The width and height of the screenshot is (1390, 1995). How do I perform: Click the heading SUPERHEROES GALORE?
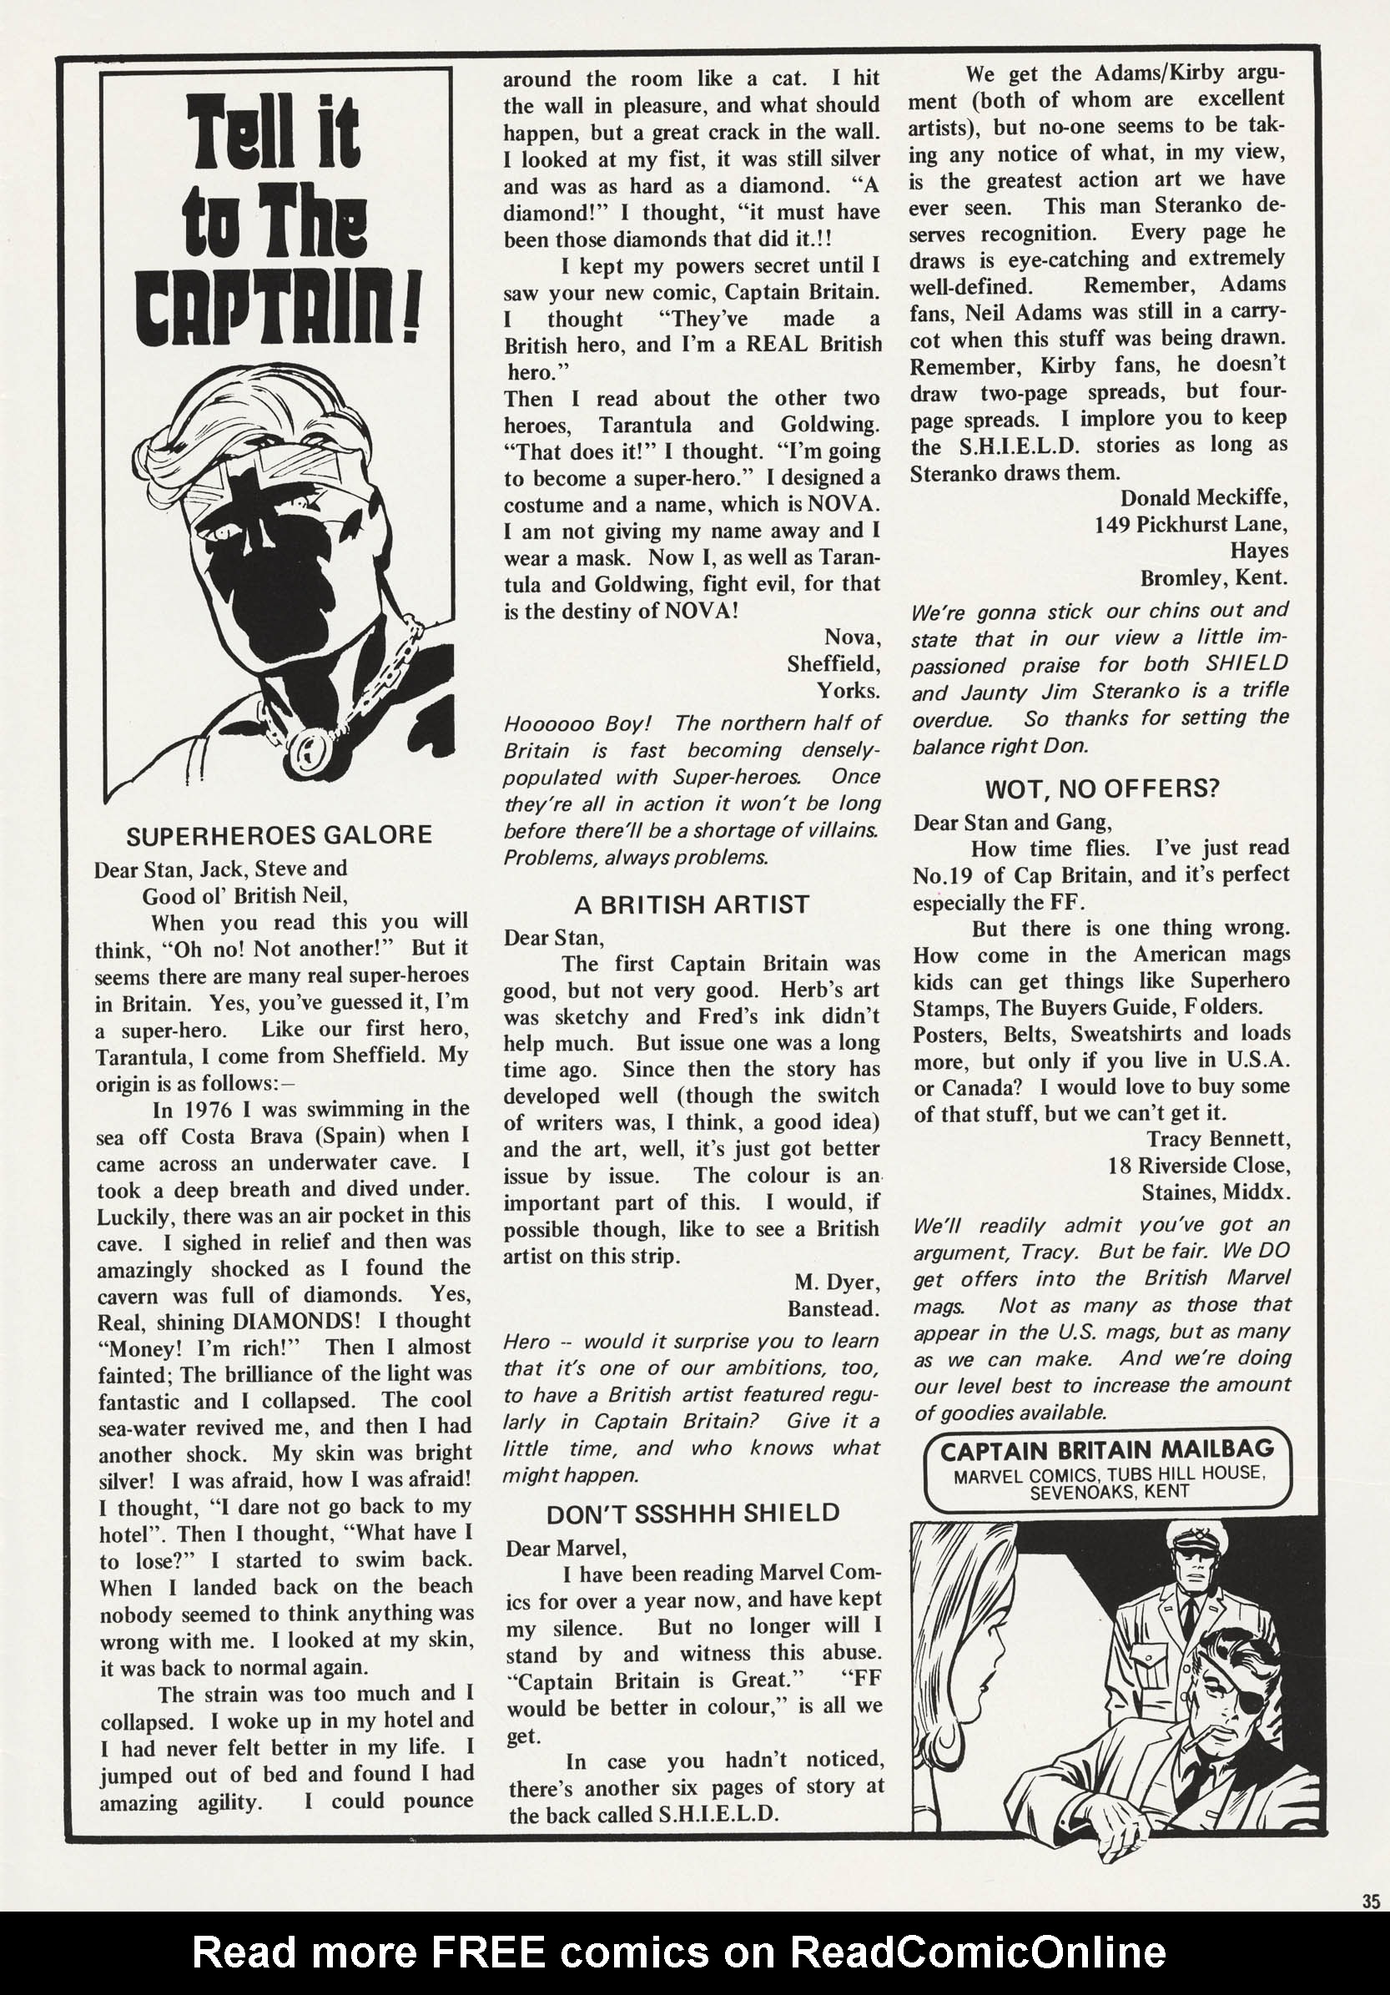click(x=279, y=835)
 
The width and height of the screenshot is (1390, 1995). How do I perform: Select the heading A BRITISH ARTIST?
click(x=692, y=904)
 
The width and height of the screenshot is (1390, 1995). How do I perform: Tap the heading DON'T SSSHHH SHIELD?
click(x=692, y=1513)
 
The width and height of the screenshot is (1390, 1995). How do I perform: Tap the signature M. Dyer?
click(x=837, y=1282)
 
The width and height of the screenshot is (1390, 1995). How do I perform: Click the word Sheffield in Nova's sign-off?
click(x=834, y=665)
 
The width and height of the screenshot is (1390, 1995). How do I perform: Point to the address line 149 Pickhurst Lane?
click(x=1191, y=525)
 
